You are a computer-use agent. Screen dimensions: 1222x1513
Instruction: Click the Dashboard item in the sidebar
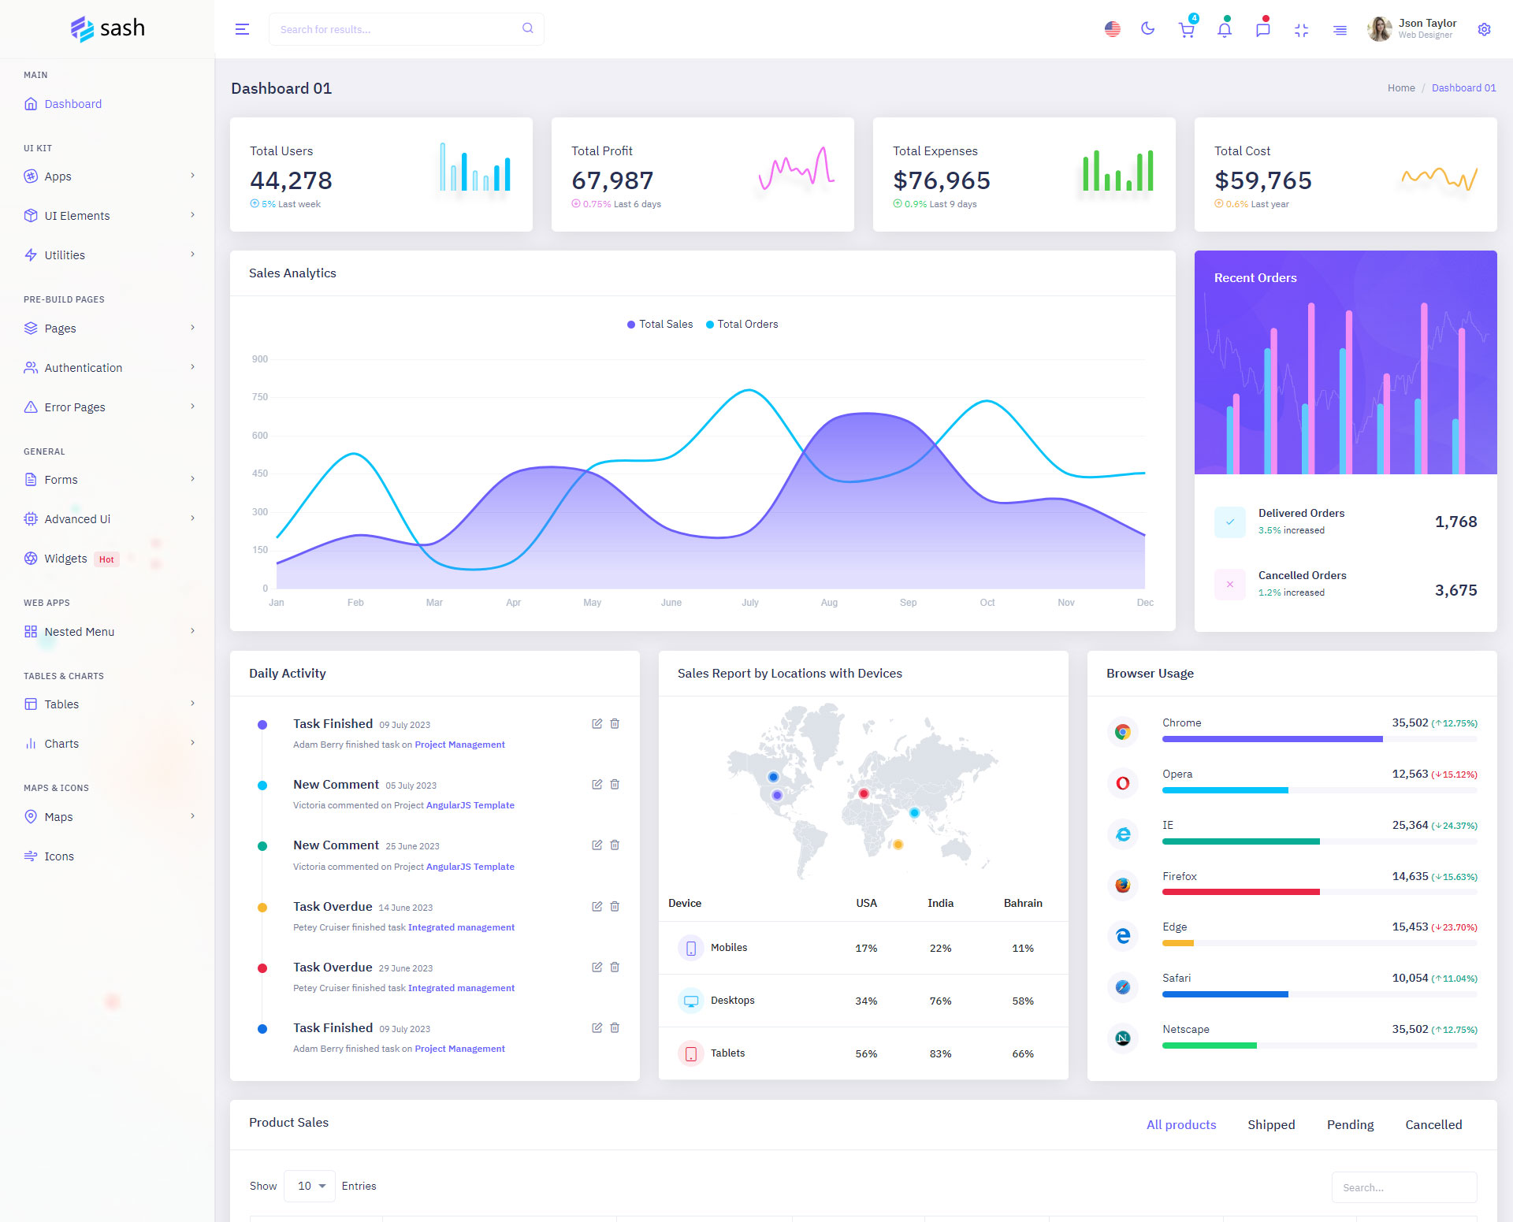72,104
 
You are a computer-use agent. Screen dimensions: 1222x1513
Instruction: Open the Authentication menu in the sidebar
83,368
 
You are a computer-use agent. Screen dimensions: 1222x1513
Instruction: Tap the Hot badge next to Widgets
106,559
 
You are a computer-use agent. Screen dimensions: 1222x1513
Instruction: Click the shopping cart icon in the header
1186,30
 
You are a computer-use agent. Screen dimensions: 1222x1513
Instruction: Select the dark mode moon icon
1147,29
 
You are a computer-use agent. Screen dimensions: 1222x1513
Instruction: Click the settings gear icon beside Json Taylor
1484,29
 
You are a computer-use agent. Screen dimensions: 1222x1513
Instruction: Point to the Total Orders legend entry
742,324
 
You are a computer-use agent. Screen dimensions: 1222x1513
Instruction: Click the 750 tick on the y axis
260,397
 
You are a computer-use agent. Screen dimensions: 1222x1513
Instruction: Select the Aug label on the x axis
829,603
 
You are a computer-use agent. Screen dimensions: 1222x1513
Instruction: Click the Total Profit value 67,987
612,180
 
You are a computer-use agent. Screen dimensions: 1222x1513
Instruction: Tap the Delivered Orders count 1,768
1455,522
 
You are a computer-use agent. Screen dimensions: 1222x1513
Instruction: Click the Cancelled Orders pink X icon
1230,584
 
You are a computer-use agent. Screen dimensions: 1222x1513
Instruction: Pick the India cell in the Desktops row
940,1001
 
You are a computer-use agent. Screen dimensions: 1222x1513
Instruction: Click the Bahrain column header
1023,903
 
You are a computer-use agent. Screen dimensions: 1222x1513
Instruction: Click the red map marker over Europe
864,793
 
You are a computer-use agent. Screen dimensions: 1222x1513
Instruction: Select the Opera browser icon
1123,782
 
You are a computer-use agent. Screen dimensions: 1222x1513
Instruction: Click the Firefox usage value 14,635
1410,876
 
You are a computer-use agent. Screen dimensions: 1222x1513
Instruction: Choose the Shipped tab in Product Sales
1271,1124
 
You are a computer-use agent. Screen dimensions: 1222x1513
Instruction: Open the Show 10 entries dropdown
310,1186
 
